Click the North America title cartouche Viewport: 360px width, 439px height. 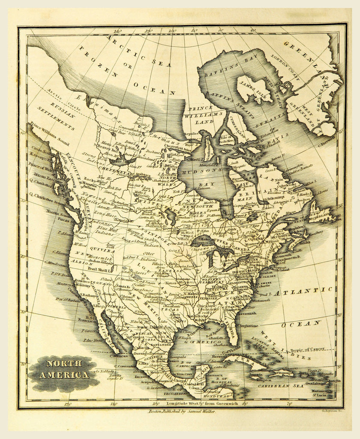pos(65,369)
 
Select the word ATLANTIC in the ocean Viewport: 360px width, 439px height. pos(303,292)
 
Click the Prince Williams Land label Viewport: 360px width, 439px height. pos(198,115)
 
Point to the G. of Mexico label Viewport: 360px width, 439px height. pos(199,342)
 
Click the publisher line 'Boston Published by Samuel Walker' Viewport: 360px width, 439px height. pos(182,411)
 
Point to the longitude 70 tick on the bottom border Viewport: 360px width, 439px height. pos(290,403)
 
